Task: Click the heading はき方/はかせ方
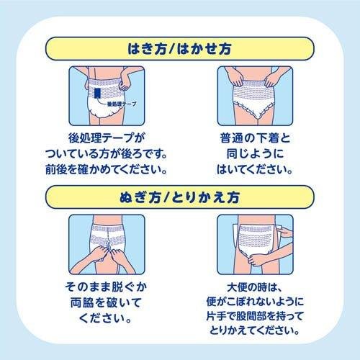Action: point(179,50)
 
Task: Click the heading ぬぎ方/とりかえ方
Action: point(179,197)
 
